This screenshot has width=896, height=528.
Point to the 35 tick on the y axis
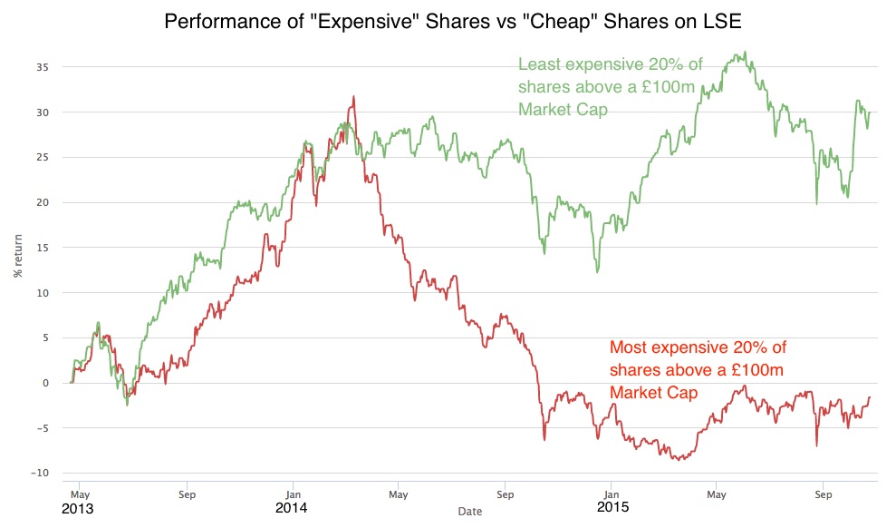(43, 67)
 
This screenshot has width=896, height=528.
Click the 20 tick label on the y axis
(43, 202)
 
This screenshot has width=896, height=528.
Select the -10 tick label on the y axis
(41, 473)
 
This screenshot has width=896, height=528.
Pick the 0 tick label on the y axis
(45, 383)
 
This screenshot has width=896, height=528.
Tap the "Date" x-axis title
(470, 512)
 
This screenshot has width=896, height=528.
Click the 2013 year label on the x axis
(77, 509)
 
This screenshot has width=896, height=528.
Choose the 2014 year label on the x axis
(292, 509)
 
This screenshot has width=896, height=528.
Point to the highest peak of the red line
(353, 96)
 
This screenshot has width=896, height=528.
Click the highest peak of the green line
(745, 52)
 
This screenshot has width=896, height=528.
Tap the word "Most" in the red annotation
(629, 347)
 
